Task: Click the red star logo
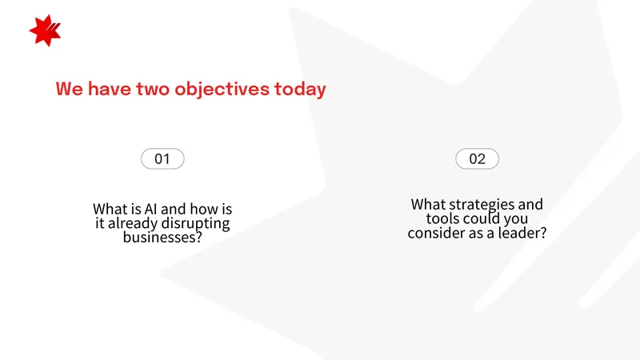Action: [x=45, y=30]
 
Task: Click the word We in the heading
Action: [x=70, y=89]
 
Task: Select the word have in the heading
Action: [x=110, y=89]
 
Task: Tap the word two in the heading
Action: [x=153, y=90]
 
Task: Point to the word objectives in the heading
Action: [x=222, y=90]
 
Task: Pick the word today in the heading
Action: [x=300, y=90]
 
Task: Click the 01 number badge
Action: [x=162, y=158]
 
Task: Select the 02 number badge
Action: [x=477, y=158]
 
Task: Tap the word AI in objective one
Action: [x=150, y=209]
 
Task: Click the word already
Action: [x=133, y=224]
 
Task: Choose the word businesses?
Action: [x=162, y=237]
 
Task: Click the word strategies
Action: [x=482, y=205]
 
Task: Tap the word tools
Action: [x=442, y=218]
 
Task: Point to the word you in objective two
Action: [x=516, y=219]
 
